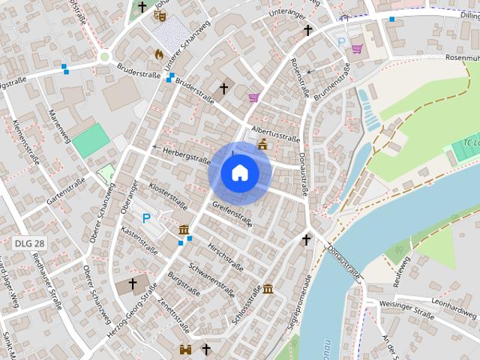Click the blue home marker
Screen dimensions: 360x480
(x=239, y=172)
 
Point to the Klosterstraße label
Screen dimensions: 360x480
(x=167, y=196)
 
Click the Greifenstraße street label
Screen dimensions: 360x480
(x=232, y=213)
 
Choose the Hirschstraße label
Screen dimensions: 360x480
(x=225, y=256)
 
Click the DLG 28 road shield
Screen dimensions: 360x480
(x=29, y=244)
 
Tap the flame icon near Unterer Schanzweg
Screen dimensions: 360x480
(x=159, y=54)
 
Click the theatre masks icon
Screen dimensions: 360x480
(x=159, y=14)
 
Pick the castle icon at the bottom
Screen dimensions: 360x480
(x=185, y=349)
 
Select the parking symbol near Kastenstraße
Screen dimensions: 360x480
(x=147, y=218)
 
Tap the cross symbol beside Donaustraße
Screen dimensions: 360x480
(x=306, y=239)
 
